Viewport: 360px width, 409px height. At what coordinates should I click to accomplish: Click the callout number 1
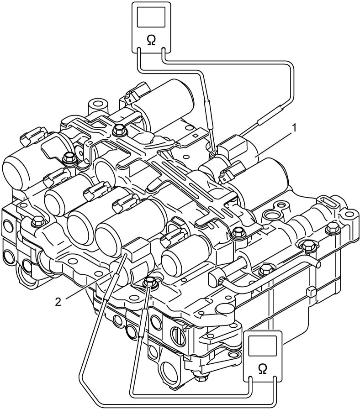click(x=294, y=128)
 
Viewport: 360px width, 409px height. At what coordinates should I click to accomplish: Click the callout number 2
click(x=58, y=302)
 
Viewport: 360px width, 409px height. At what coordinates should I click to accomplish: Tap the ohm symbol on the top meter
click(x=151, y=41)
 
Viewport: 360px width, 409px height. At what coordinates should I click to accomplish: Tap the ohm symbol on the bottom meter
click(x=262, y=369)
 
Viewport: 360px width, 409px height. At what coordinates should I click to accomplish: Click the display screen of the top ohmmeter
click(x=151, y=17)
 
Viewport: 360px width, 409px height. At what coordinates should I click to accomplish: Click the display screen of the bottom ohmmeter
click(x=262, y=346)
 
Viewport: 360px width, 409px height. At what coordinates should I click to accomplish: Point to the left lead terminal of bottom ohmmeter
click(x=250, y=379)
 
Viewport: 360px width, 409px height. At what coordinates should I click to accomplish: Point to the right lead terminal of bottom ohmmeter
click(x=275, y=379)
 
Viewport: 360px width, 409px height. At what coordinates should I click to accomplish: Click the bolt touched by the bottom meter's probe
click(x=149, y=282)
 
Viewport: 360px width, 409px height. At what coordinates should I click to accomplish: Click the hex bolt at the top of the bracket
click(x=120, y=129)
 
